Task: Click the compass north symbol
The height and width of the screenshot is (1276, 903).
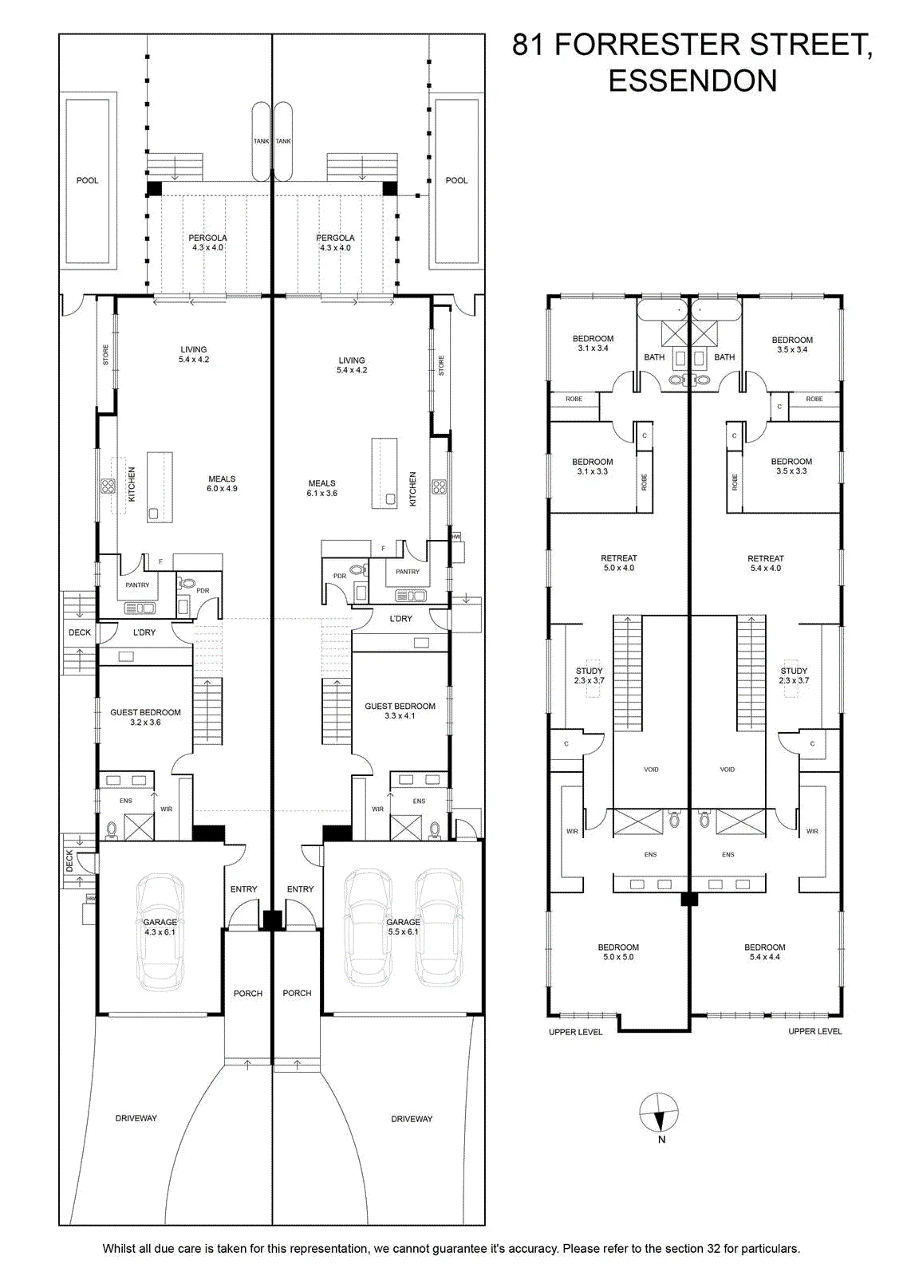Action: pyautogui.click(x=659, y=1113)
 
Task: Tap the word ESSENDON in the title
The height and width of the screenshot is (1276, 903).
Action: pyautogui.click(x=692, y=81)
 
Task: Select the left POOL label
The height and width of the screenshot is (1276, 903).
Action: pyautogui.click(x=87, y=180)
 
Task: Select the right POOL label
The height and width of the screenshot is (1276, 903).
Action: pyautogui.click(x=456, y=180)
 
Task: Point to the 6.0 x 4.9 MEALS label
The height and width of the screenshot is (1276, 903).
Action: pyautogui.click(x=222, y=483)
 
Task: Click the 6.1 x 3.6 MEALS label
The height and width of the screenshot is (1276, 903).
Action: pyautogui.click(x=322, y=488)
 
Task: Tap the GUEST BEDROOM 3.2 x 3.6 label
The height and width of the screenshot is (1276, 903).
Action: pyautogui.click(x=145, y=717)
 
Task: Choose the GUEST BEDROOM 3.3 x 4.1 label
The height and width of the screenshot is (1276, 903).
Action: pyautogui.click(x=400, y=711)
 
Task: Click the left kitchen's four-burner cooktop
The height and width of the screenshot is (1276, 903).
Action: pyautogui.click(x=108, y=486)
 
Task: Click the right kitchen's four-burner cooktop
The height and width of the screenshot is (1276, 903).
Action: pyautogui.click(x=439, y=486)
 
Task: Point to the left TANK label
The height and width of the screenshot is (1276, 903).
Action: pyautogui.click(x=261, y=141)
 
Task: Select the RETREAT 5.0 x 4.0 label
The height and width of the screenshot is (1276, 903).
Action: pyautogui.click(x=619, y=563)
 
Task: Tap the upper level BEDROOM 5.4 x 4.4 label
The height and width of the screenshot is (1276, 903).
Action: pyautogui.click(x=764, y=952)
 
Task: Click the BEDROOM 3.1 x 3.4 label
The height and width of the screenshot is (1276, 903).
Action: pyautogui.click(x=593, y=343)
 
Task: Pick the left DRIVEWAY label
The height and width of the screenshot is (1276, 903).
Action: pyautogui.click(x=136, y=1118)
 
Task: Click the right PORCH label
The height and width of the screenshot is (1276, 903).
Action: pyautogui.click(x=297, y=993)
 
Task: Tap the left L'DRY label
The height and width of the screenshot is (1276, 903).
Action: pyautogui.click(x=144, y=632)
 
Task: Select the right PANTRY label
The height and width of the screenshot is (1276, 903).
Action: pyautogui.click(x=408, y=571)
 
